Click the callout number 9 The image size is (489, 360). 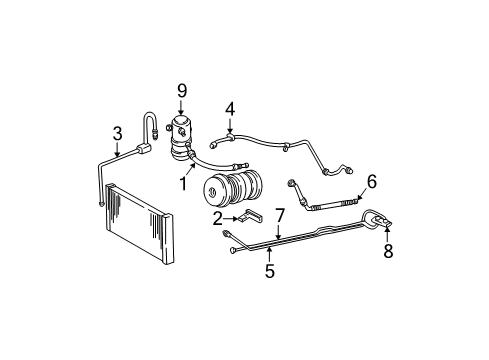tap(181, 91)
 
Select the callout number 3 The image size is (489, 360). tap(117, 134)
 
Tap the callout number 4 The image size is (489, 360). tap(229, 108)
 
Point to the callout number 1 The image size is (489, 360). tap(184, 184)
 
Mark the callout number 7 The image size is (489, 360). tap(281, 214)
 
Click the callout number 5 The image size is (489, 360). tap(269, 270)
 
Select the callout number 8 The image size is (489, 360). tap(388, 252)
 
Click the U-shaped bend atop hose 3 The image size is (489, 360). tap(152, 121)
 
